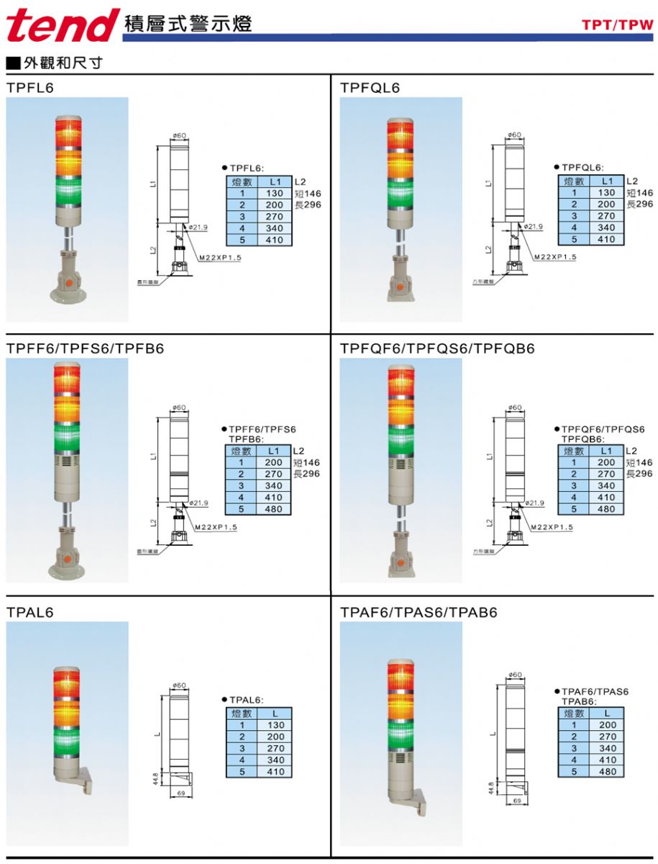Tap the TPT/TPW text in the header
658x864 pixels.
(618, 25)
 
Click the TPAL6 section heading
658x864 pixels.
(30, 613)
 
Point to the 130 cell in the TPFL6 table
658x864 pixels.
(275, 193)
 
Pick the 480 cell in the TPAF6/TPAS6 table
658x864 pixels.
(607, 771)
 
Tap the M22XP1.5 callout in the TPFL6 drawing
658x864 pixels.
(222, 256)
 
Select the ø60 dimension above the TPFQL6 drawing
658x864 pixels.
(514, 135)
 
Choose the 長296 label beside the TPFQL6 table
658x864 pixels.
(639, 204)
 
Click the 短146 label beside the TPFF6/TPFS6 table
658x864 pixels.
(307, 462)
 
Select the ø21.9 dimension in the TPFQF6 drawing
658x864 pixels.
(534, 503)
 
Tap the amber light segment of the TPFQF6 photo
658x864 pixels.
(402, 410)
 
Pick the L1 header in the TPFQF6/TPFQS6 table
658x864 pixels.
(607, 451)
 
